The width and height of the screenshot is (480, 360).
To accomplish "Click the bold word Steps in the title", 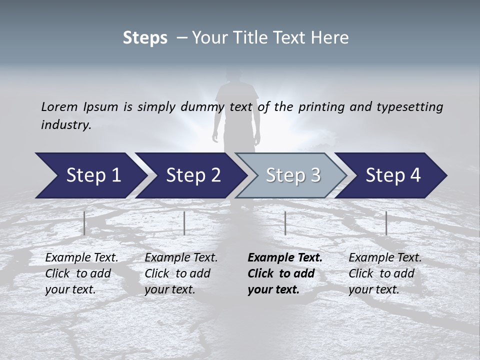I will click(x=145, y=38).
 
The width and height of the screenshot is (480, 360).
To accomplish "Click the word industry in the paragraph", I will click(x=65, y=124).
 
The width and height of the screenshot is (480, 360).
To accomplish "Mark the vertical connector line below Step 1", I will click(x=84, y=223).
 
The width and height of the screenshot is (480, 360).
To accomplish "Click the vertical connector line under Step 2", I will click(x=184, y=223).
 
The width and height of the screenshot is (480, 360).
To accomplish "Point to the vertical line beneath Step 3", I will click(x=285, y=223).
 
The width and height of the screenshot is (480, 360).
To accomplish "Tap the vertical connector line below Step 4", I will click(x=386, y=223).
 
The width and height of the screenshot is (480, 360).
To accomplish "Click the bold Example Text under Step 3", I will click(x=285, y=257).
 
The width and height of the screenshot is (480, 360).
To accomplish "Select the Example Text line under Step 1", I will click(x=81, y=257).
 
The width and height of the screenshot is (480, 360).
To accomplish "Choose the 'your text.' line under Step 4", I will click(x=373, y=289).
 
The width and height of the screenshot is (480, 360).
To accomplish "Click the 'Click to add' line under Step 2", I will click(x=177, y=273).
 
